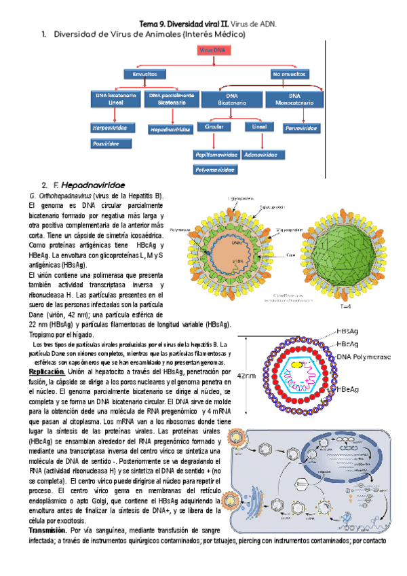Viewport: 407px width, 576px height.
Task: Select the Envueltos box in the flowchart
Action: click(x=144, y=74)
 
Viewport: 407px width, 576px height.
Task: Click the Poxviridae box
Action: click(x=111, y=143)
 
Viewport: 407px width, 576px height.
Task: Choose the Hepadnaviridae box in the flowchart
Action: click(x=170, y=128)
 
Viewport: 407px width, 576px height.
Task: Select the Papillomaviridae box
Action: click(x=215, y=154)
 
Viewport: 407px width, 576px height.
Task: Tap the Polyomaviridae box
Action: click(x=215, y=169)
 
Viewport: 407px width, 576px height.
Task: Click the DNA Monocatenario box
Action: click(x=294, y=99)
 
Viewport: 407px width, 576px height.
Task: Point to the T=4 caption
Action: click(x=346, y=307)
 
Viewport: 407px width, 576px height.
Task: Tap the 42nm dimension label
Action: click(x=247, y=372)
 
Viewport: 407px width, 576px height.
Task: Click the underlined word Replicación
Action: click(x=47, y=372)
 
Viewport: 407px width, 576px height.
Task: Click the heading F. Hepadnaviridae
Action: click(x=89, y=185)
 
